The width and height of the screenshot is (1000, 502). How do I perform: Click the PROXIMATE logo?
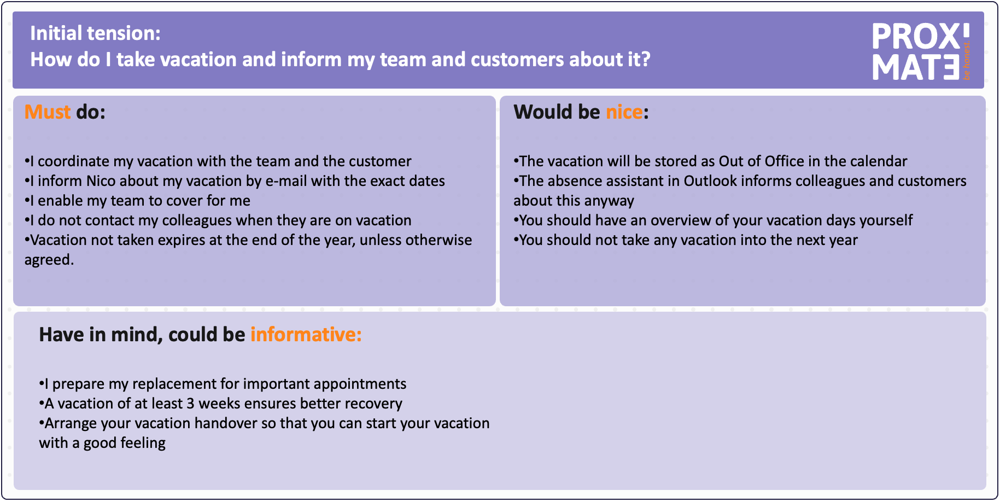(921, 52)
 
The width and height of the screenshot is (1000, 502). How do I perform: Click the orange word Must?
(48, 112)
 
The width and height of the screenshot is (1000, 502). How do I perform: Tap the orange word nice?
(624, 112)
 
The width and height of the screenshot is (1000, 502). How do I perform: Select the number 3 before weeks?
(190, 404)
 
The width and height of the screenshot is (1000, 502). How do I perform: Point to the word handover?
(226, 423)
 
